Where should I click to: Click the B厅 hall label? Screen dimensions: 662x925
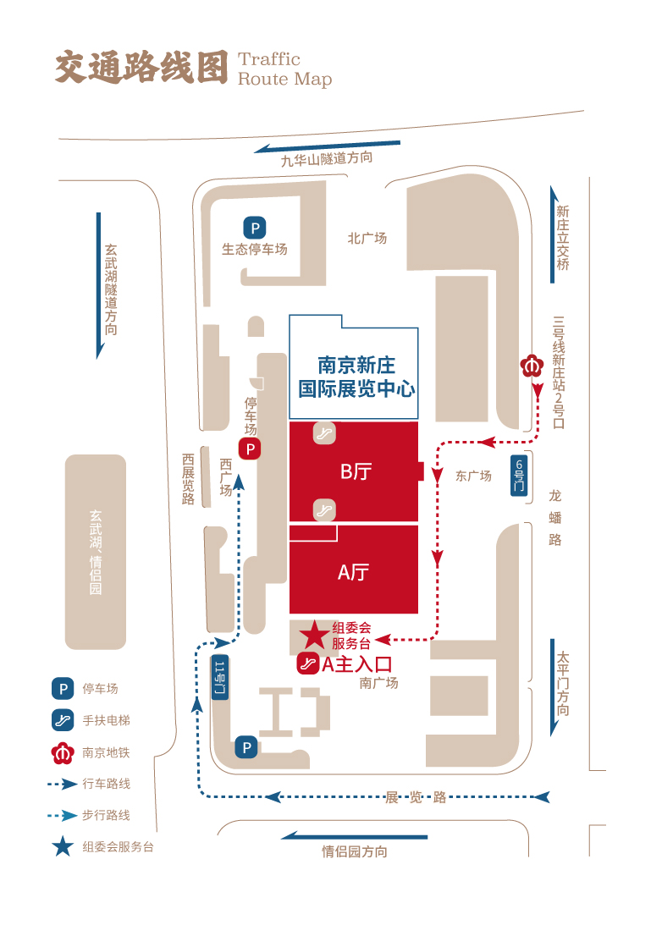point(356,471)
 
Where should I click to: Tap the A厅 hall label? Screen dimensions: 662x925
point(353,571)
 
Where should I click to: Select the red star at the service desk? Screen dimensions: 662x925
point(314,635)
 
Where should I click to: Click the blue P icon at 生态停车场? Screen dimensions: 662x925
point(255,228)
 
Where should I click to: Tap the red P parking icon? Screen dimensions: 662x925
point(250,449)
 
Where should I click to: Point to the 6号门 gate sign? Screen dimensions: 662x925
point(518,475)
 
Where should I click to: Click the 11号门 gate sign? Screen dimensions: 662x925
point(219,677)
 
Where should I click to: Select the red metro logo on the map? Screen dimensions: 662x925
point(532,366)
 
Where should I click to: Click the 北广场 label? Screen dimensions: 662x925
point(367,239)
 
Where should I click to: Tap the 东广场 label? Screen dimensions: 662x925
point(473,476)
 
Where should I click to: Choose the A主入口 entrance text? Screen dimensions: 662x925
point(357,664)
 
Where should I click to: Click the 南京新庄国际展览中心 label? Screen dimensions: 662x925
point(356,377)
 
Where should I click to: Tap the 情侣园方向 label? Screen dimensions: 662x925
point(355,851)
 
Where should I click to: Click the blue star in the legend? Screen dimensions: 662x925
point(63,846)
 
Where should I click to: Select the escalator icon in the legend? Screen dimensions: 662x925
point(63,719)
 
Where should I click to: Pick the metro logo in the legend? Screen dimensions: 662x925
point(63,752)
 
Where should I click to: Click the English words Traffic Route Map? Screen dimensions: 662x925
point(285,69)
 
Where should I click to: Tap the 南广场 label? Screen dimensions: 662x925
point(378,683)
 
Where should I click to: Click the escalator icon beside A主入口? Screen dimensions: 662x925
point(307,663)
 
